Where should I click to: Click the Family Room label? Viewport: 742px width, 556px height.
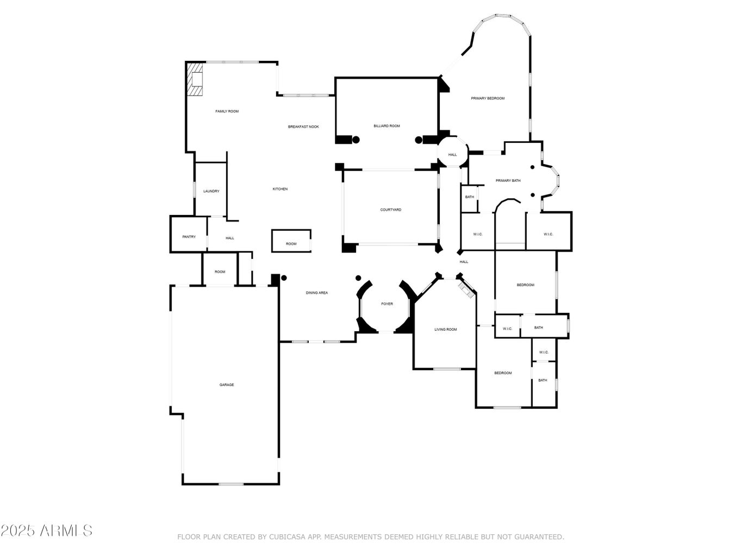227,111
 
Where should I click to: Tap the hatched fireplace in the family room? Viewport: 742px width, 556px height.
195,80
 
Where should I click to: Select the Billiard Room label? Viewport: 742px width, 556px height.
386,126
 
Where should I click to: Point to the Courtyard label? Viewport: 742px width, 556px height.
390,210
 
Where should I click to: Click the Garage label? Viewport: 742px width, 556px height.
227,385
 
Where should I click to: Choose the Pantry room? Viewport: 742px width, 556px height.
189,237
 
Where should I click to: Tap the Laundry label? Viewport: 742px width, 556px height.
211,191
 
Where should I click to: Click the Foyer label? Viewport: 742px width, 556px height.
386,304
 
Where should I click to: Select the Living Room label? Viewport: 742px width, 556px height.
445,330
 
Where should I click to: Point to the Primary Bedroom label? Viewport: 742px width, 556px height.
488,98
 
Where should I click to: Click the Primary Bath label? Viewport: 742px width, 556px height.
508,181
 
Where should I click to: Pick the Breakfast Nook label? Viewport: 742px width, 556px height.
303,127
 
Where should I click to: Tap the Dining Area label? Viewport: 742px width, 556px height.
316,293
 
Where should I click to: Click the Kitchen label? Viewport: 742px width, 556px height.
280,189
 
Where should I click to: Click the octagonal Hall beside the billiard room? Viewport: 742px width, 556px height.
452,155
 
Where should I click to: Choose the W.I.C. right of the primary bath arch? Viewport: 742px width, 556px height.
548,234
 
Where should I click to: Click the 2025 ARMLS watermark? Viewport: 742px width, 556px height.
46,530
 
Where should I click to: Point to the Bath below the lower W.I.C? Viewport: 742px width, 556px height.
543,380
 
